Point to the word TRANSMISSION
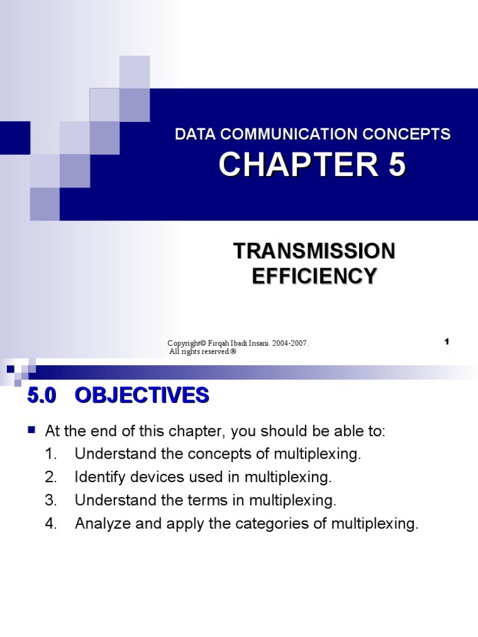[314, 251]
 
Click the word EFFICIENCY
[314, 275]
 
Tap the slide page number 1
[446, 342]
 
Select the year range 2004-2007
[288, 343]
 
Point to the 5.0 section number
[42, 396]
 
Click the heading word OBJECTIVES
[142, 396]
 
